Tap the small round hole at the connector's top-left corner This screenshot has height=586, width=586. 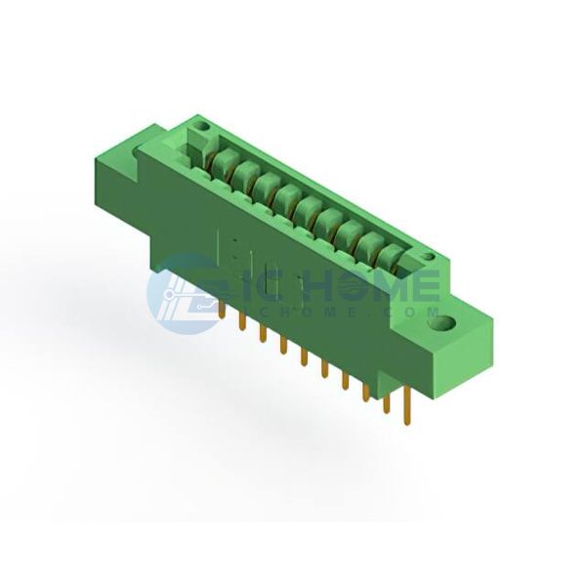point(203,127)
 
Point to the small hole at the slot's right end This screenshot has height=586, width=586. point(429,257)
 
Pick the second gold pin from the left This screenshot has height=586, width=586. point(242,321)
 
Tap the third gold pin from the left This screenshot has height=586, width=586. point(263,333)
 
